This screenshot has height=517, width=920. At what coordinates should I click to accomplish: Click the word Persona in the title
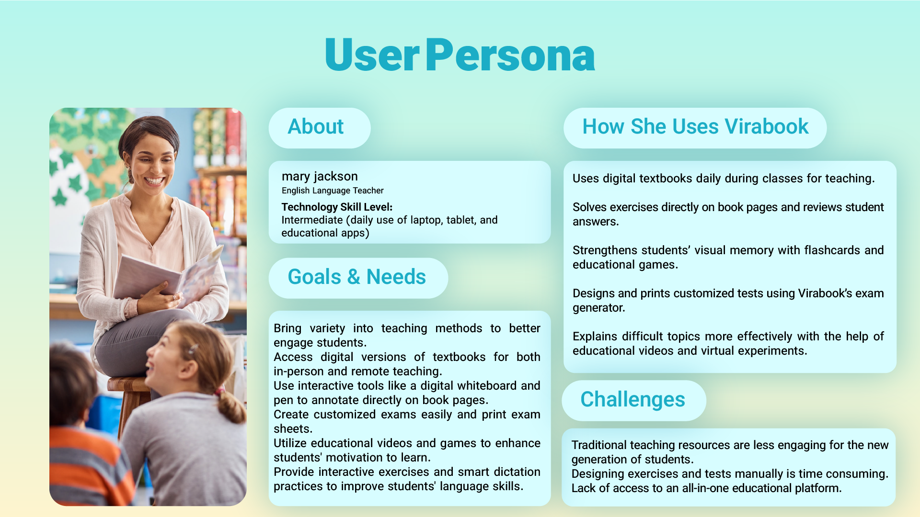click(510, 56)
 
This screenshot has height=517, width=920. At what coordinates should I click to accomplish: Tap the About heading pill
click(320, 128)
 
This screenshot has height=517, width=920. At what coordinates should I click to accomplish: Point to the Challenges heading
click(633, 400)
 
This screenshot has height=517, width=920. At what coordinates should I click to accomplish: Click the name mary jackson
click(320, 176)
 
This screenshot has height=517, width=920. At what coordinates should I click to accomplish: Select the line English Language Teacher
click(333, 191)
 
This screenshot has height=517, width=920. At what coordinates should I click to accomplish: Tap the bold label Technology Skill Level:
click(337, 207)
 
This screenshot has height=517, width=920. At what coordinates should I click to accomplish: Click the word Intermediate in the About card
click(312, 220)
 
